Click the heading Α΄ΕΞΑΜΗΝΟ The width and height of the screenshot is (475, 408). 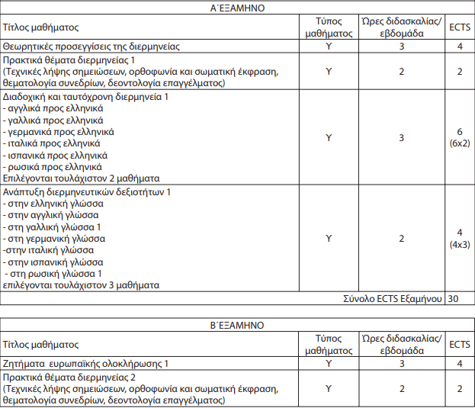click(x=237, y=8)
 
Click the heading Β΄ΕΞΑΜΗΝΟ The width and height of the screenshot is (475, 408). click(x=237, y=325)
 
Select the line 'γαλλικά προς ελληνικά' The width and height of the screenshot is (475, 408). click(x=54, y=120)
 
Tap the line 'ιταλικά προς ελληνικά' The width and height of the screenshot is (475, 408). click(x=53, y=143)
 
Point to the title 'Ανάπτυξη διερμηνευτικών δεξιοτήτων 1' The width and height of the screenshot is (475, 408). click(x=86, y=192)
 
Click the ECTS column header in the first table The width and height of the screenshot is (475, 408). click(x=458, y=27)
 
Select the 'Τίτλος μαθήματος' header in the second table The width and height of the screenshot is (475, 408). click(x=41, y=345)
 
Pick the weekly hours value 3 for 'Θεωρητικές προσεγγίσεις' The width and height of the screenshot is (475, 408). click(x=401, y=47)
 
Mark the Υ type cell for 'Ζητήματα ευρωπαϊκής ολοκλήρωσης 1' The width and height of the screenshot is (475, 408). click(x=329, y=365)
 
